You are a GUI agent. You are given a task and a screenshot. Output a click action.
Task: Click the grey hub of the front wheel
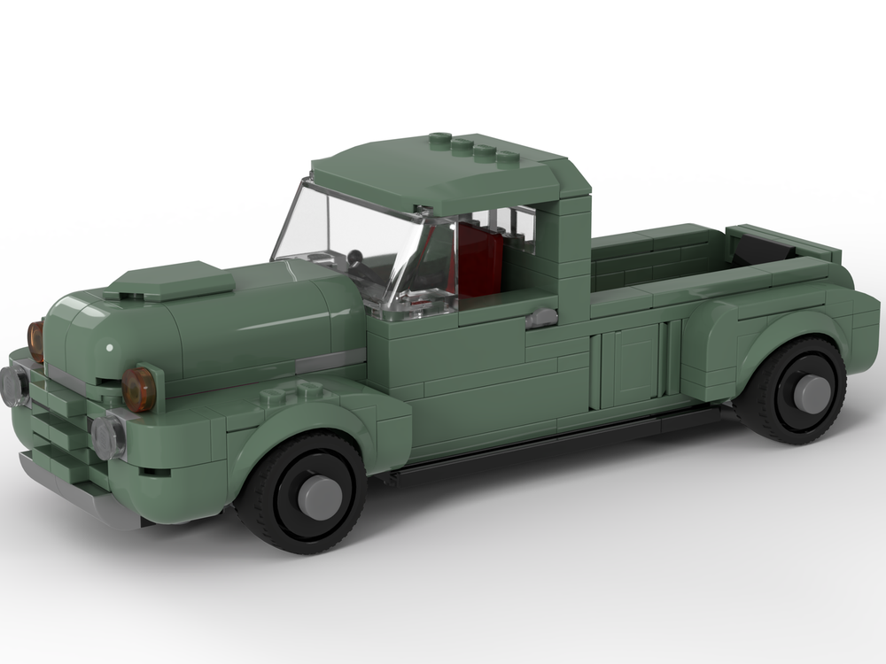pyautogui.click(x=320, y=497)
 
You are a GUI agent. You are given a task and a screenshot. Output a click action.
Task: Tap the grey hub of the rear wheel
pyautogui.click(x=811, y=393)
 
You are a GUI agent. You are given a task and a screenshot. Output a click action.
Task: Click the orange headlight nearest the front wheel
pyautogui.click(x=139, y=389)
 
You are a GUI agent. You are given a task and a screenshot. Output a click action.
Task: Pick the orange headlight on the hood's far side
pyautogui.click(x=36, y=341)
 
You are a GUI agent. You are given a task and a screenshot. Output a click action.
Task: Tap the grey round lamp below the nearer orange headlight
pyautogui.click(x=108, y=437)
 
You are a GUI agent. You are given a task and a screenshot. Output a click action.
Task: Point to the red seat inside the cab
pyautogui.click(x=478, y=259)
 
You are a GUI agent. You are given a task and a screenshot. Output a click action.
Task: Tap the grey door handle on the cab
pyautogui.click(x=542, y=319)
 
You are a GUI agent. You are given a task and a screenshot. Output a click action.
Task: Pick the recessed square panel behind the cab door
pyautogui.click(x=635, y=363)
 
